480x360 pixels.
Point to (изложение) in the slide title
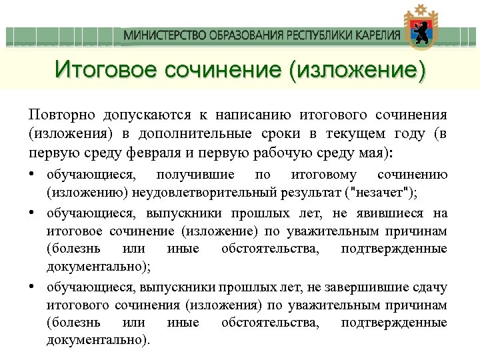coord(357,69)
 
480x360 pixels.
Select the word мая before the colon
coord(377,153)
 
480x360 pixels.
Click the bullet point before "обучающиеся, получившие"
coord(32,175)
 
